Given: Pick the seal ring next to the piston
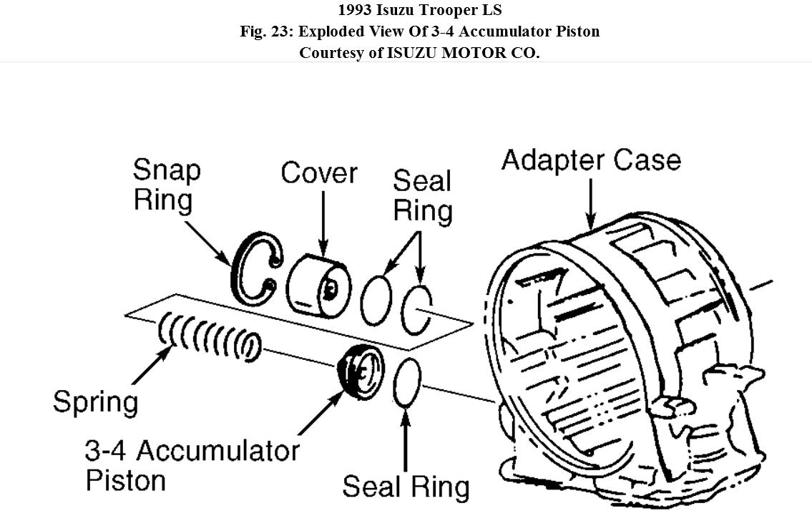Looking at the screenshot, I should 407,383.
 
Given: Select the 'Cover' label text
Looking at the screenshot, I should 318,172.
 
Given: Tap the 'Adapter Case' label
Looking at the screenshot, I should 591,160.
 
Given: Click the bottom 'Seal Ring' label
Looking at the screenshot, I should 406,487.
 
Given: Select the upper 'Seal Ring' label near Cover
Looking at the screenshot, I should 422,195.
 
